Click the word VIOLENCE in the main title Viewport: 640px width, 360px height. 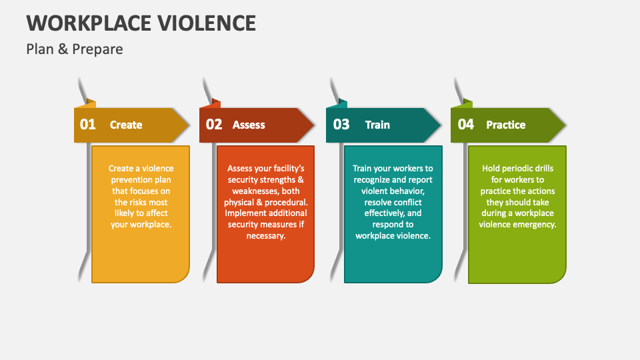coord(207,23)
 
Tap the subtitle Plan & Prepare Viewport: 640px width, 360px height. coord(75,49)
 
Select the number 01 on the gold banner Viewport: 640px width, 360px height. coord(88,124)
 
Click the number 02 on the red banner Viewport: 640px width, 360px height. coord(214,124)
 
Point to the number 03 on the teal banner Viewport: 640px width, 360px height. coord(341,124)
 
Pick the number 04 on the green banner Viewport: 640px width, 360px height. coord(466,124)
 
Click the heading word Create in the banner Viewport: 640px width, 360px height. coord(126,125)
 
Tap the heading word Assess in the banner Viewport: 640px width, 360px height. coord(249,125)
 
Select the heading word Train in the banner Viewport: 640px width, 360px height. coord(377,125)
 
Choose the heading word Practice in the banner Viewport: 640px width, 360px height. coord(506,125)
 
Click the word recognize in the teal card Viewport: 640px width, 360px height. coord(371,180)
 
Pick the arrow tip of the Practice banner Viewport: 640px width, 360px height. coord(565,125)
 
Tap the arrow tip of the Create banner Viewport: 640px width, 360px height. coord(189,125)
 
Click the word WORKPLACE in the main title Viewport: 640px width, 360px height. coord(90,23)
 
